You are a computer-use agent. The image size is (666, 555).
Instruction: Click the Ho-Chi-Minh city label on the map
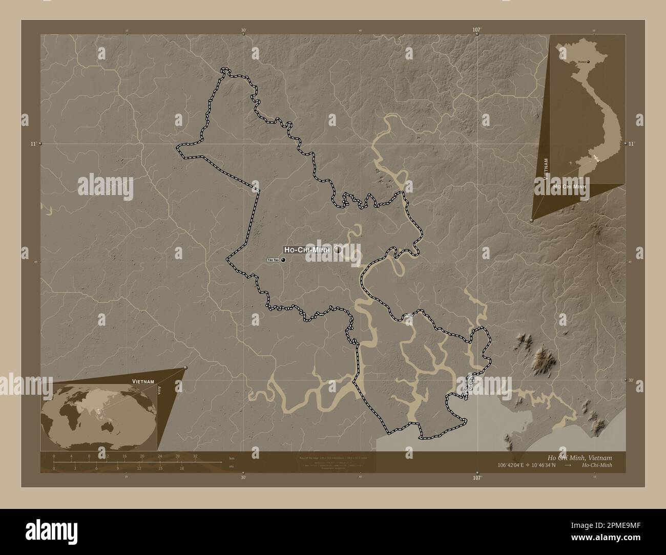(308, 249)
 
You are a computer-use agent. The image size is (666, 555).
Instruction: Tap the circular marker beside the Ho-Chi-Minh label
(338, 250)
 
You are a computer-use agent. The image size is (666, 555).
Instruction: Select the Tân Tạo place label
(273, 260)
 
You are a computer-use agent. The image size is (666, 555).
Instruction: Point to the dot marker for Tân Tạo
(283, 260)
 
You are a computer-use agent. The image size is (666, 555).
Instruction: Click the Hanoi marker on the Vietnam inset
(588, 62)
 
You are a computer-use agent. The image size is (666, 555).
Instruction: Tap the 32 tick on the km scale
(195, 456)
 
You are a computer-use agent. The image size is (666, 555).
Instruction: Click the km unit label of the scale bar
(232, 458)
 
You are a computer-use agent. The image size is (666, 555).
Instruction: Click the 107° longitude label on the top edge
(476, 30)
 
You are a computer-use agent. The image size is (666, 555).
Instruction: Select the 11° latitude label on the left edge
(33, 144)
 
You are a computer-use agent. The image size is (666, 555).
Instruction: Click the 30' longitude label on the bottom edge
(243, 477)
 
